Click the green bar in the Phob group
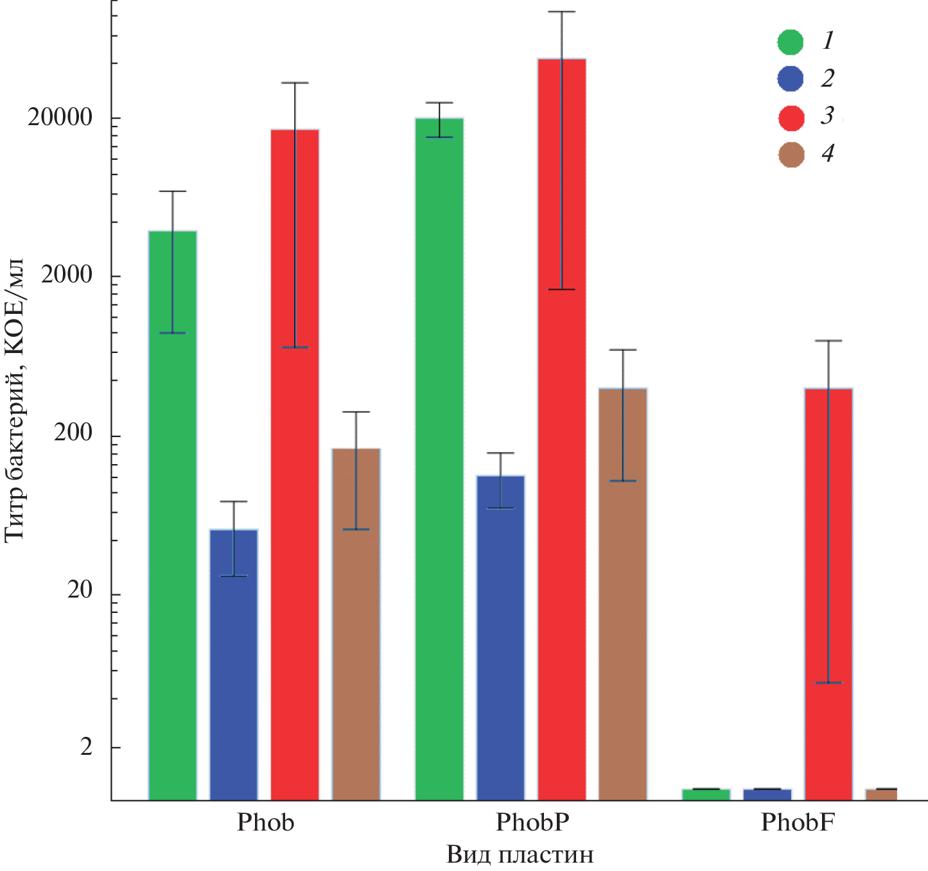(x=172, y=513)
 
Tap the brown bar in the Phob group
(x=356, y=623)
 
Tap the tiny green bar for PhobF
(x=706, y=795)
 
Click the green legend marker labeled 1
(x=791, y=42)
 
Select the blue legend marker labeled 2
(x=791, y=79)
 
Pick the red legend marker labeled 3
(x=791, y=117)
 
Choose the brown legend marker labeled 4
(x=791, y=155)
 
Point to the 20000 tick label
(x=60, y=118)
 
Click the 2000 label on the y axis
(x=67, y=275)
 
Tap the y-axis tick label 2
(x=86, y=747)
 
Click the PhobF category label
(x=797, y=822)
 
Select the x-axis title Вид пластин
(x=520, y=855)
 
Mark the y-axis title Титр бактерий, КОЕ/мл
(x=14, y=399)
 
